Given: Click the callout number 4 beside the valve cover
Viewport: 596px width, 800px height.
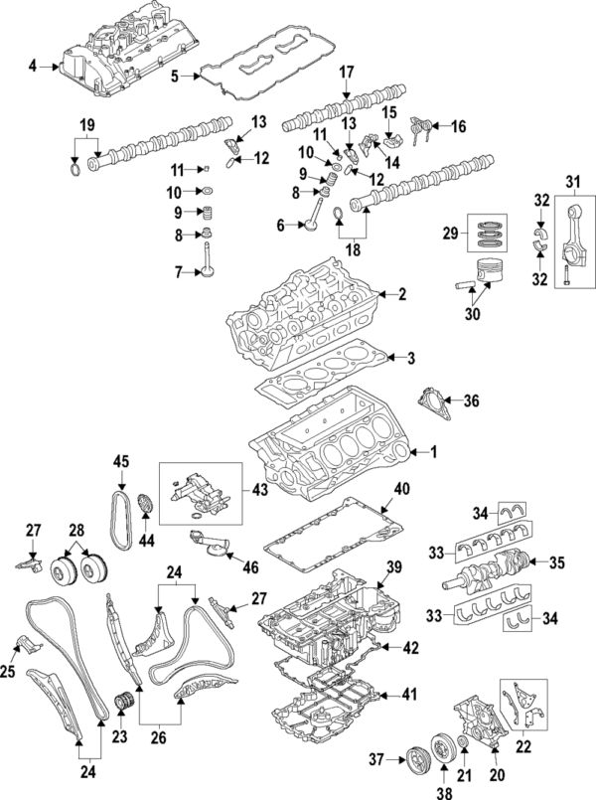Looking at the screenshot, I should pos(32,66).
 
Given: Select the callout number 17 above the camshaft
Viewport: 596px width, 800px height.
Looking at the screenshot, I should pos(347,72).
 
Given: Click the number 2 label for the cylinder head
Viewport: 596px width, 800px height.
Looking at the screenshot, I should pos(402,294).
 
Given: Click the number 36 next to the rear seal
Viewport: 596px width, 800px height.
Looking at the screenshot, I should pos(471,401).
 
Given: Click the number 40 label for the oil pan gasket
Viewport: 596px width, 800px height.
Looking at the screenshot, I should pos(401,489).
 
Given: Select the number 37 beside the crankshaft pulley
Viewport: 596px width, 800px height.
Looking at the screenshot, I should pos(374,760).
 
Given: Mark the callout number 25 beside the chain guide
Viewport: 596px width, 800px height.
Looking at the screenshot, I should pos(11,674).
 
